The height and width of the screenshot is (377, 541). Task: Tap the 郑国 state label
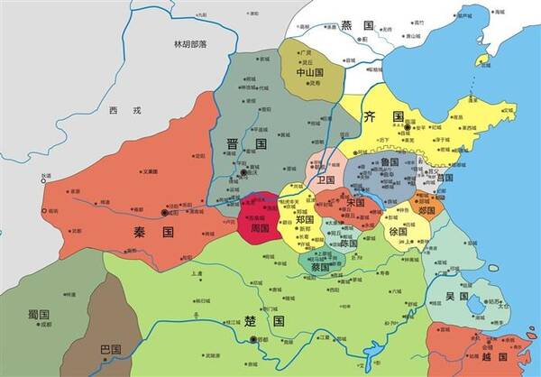(303, 219)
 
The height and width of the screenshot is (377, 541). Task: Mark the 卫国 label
(326, 179)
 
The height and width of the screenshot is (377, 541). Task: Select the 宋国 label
(355, 202)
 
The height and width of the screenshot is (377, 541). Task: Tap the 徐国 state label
(398, 231)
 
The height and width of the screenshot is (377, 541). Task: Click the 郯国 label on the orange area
(426, 210)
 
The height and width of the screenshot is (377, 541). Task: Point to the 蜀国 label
(38, 314)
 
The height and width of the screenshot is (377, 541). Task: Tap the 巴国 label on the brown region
(110, 349)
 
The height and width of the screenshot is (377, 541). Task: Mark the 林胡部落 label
(190, 44)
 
